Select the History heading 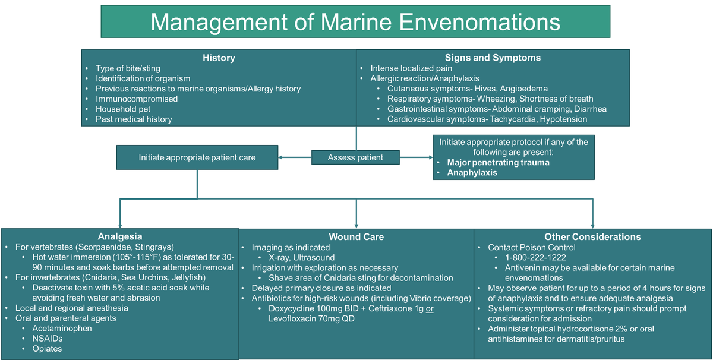[x=219, y=58]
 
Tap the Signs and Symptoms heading [x=493, y=58]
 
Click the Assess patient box [x=355, y=157]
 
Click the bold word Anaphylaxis [x=472, y=173]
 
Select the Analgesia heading [x=119, y=236]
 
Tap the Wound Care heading [x=356, y=236]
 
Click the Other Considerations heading [x=592, y=236]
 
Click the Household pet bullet [x=123, y=109]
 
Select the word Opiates [x=47, y=348]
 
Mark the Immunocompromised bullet [x=137, y=99]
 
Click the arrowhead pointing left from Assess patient [x=282, y=157]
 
